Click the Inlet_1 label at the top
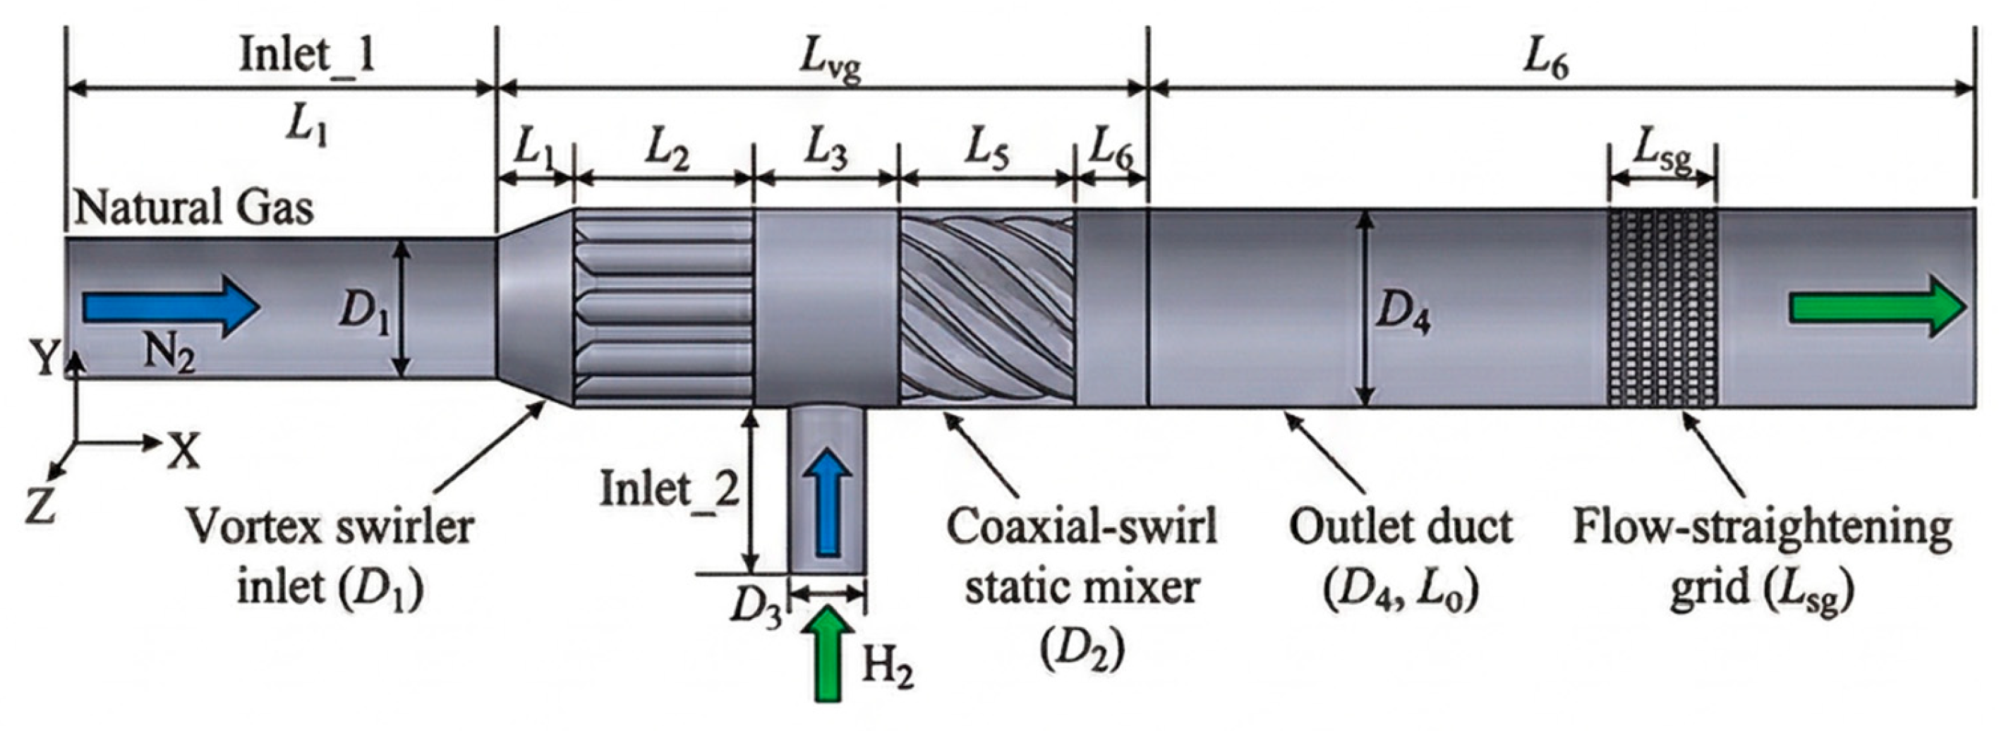(x=308, y=56)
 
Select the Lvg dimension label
(x=831, y=65)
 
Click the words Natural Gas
(x=194, y=208)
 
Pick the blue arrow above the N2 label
(x=171, y=308)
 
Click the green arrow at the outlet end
(x=1878, y=308)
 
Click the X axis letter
(x=184, y=452)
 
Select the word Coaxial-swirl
(x=1082, y=526)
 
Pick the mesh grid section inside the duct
(x=1661, y=308)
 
